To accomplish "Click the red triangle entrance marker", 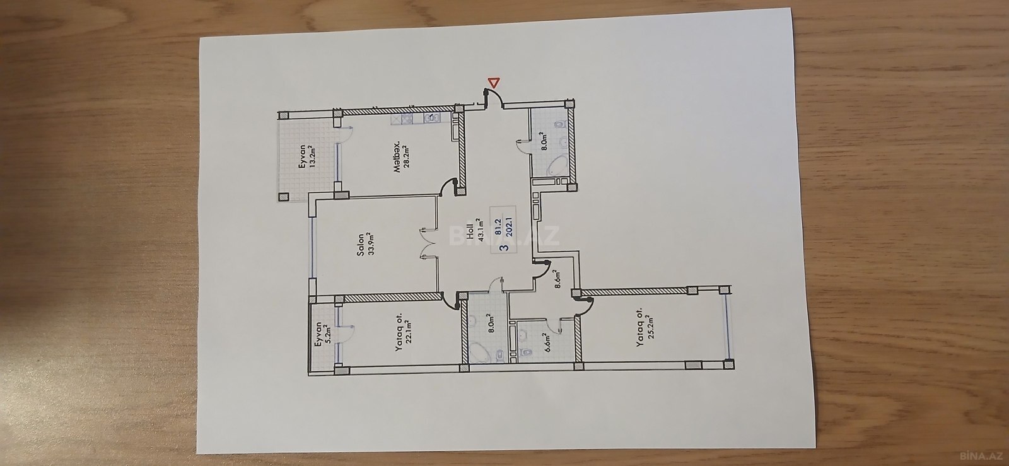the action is (x=494, y=83).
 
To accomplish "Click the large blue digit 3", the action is (x=505, y=247).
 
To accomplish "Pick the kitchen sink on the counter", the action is (x=432, y=118).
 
